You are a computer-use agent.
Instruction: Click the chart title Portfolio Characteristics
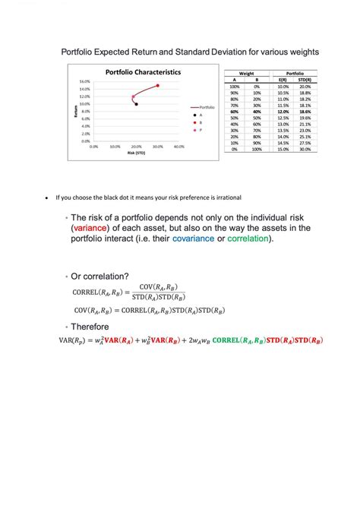[x=144, y=72]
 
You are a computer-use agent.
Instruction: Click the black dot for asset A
[x=137, y=104]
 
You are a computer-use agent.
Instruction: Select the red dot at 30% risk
[x=158, y=86]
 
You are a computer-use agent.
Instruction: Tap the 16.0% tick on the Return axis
[x=85, y=81]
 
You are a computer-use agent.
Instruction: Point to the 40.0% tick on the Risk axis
[x=179, y=147]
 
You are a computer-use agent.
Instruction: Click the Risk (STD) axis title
[x=136, y=153]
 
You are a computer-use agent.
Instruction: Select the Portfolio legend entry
[x=207, y=108]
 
